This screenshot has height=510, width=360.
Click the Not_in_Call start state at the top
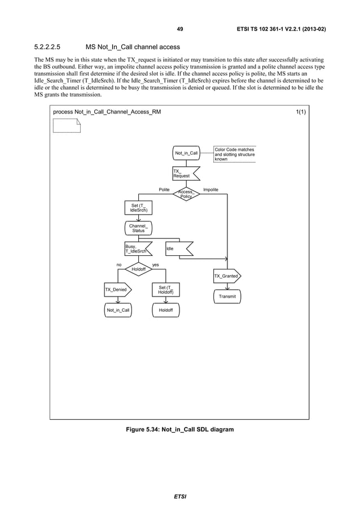coord(186,153)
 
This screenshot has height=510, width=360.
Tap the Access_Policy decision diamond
coord(186,194)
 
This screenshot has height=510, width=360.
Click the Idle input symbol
coord(177,249)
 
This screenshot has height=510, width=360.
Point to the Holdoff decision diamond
coord(138,269)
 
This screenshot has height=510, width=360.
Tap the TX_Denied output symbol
coord(117,290)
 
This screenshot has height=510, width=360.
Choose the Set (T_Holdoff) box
coord(166,290)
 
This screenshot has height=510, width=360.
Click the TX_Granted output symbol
coord(227,276)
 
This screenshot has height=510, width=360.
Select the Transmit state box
coord(227,296)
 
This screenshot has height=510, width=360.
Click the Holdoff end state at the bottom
coord(166,311)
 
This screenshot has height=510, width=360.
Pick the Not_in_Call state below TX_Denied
coord(117,311)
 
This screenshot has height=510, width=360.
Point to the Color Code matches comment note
coord(235,154)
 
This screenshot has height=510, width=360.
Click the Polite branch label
coord(164,190)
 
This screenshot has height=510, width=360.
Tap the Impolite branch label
coord(210,190)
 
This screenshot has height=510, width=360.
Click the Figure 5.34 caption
coord(179,429)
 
